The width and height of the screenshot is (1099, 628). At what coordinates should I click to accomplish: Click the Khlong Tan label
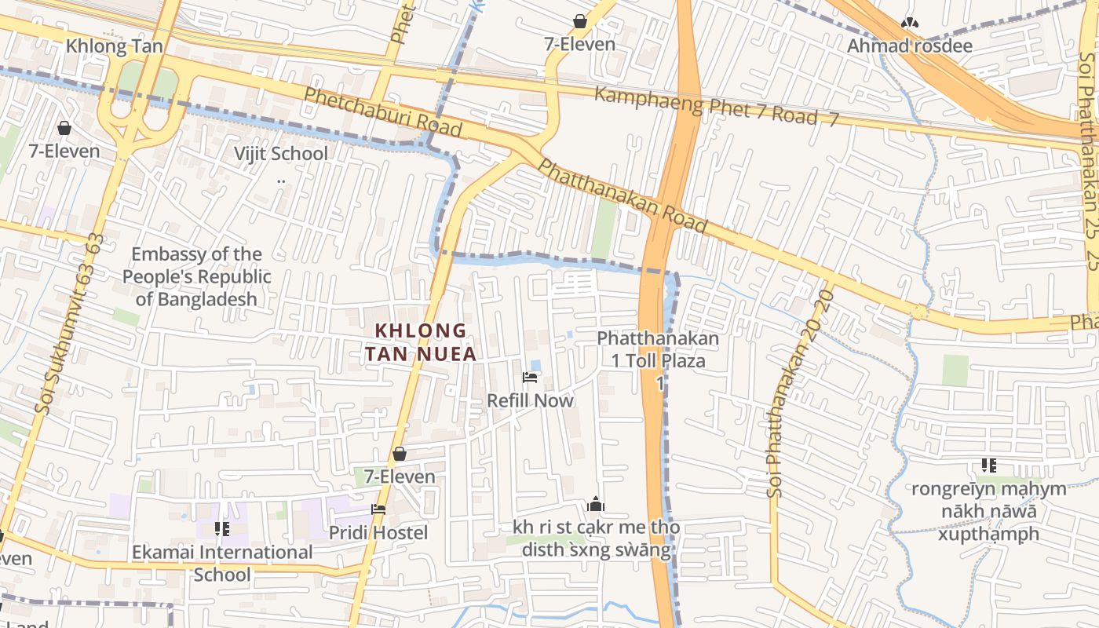click(x=115, y=46)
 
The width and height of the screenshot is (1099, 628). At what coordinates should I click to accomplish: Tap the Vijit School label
click(x=281, y=153)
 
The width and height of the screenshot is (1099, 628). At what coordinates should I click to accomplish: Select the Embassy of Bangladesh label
click(x=196, y=276)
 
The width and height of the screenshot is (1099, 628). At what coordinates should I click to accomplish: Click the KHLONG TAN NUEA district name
click(x=420, y=342)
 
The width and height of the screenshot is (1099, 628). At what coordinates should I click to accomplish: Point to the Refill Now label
click(x=530, y=400)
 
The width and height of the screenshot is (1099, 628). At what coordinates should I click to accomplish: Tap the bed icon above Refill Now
click(x=530, y=378)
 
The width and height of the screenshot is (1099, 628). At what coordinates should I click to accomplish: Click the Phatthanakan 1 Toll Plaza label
click(x=658, y=350)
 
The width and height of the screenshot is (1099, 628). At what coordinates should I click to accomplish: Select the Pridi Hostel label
click(x=378, y=533)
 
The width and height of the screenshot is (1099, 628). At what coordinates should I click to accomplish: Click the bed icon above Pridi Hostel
click(x=378, y=509)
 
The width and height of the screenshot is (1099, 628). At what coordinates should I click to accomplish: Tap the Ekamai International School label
click(x=222, y=563)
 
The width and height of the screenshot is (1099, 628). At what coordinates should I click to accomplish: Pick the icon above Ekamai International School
click(x=222, y=529)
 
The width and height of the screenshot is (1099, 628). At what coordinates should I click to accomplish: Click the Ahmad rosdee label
click(x=909, y=46)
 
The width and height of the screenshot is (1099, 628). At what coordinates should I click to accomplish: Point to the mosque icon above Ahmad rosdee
click(x=909, y=23)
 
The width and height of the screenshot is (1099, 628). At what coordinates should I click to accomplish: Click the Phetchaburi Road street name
click(x=382, y=111)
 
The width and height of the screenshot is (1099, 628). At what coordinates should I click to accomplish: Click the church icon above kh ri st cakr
click(x=595, y=504)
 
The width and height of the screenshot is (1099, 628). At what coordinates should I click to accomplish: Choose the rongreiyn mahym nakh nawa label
click(x=988, y=511)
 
